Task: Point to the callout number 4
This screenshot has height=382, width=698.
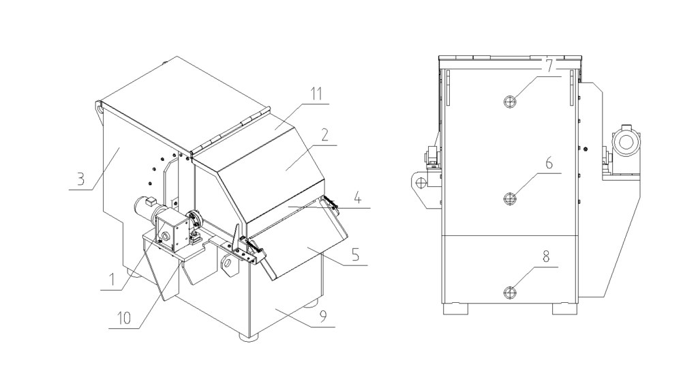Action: (x=356, y=196)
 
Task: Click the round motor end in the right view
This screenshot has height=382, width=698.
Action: (x=625, y=141)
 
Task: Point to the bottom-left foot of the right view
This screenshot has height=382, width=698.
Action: (x=455, y=308)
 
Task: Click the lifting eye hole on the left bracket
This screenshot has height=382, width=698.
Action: (x=421, y=183)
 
